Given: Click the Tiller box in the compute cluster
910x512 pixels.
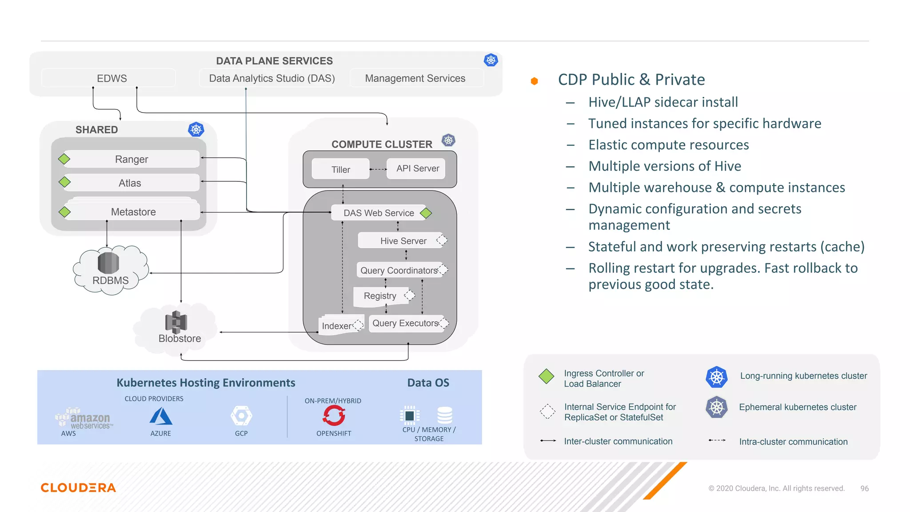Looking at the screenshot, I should click(340, 169).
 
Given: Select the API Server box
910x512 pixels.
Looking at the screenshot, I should click(417, 168).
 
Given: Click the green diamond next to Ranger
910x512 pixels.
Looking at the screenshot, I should click(64, 159).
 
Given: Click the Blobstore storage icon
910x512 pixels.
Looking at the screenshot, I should click(176, 322).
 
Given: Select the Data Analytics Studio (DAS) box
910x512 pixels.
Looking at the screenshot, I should click(271, 78).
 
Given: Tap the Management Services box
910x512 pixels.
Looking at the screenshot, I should click(415, 78).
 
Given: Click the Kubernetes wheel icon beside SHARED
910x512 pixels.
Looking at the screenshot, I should click(196, 129).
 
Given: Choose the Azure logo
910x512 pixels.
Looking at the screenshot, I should click(160, 416).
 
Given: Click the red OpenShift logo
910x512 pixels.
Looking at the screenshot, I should click(334, 416).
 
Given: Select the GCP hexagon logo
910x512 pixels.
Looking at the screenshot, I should click(241, 416).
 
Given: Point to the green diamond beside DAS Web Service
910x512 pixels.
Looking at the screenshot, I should click(426, 213).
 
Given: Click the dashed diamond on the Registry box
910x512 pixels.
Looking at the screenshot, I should click(410, 295).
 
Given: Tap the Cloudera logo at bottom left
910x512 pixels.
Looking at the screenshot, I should click(78, 488).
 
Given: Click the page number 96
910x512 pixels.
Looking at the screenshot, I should click(864, 488).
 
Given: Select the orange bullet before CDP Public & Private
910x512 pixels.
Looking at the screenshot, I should click(535, 81).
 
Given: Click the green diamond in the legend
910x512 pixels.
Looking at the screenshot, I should click(546, 376).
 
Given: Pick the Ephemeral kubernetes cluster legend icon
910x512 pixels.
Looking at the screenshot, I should click(716, 407).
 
